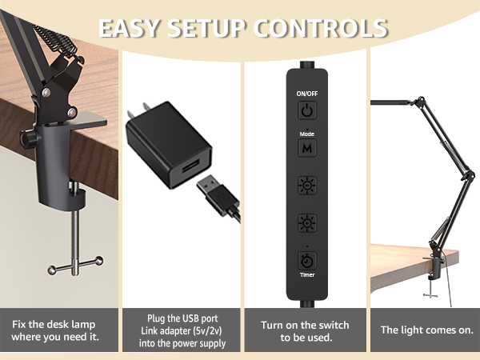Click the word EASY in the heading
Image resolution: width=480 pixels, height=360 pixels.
130,28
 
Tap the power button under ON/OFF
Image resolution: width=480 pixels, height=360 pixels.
306,110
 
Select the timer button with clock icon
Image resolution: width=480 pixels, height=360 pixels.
306,260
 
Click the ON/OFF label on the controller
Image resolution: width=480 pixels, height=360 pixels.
306,94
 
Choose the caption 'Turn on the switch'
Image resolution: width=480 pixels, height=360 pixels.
305,323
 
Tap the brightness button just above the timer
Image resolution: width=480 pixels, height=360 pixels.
306,223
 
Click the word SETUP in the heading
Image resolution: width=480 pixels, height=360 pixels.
210,28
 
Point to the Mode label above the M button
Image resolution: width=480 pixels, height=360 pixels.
306,134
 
